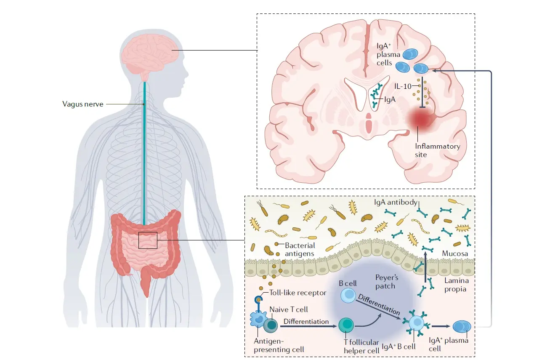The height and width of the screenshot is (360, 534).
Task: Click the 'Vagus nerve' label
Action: coord(82,104)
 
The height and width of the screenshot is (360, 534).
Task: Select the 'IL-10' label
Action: coord(402,86)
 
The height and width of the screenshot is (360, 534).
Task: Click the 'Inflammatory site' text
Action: coord(437,150)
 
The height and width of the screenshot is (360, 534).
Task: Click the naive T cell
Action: coord(271,325)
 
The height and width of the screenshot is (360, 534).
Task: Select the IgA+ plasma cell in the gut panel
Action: coord(461,326)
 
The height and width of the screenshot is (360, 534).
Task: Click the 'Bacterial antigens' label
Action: coord(300,249)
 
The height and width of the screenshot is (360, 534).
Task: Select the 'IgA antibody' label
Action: coord(396,203)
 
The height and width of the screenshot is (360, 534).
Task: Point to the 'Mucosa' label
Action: coord(455,254)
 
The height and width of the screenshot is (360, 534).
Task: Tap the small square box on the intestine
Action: coord(147,240)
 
